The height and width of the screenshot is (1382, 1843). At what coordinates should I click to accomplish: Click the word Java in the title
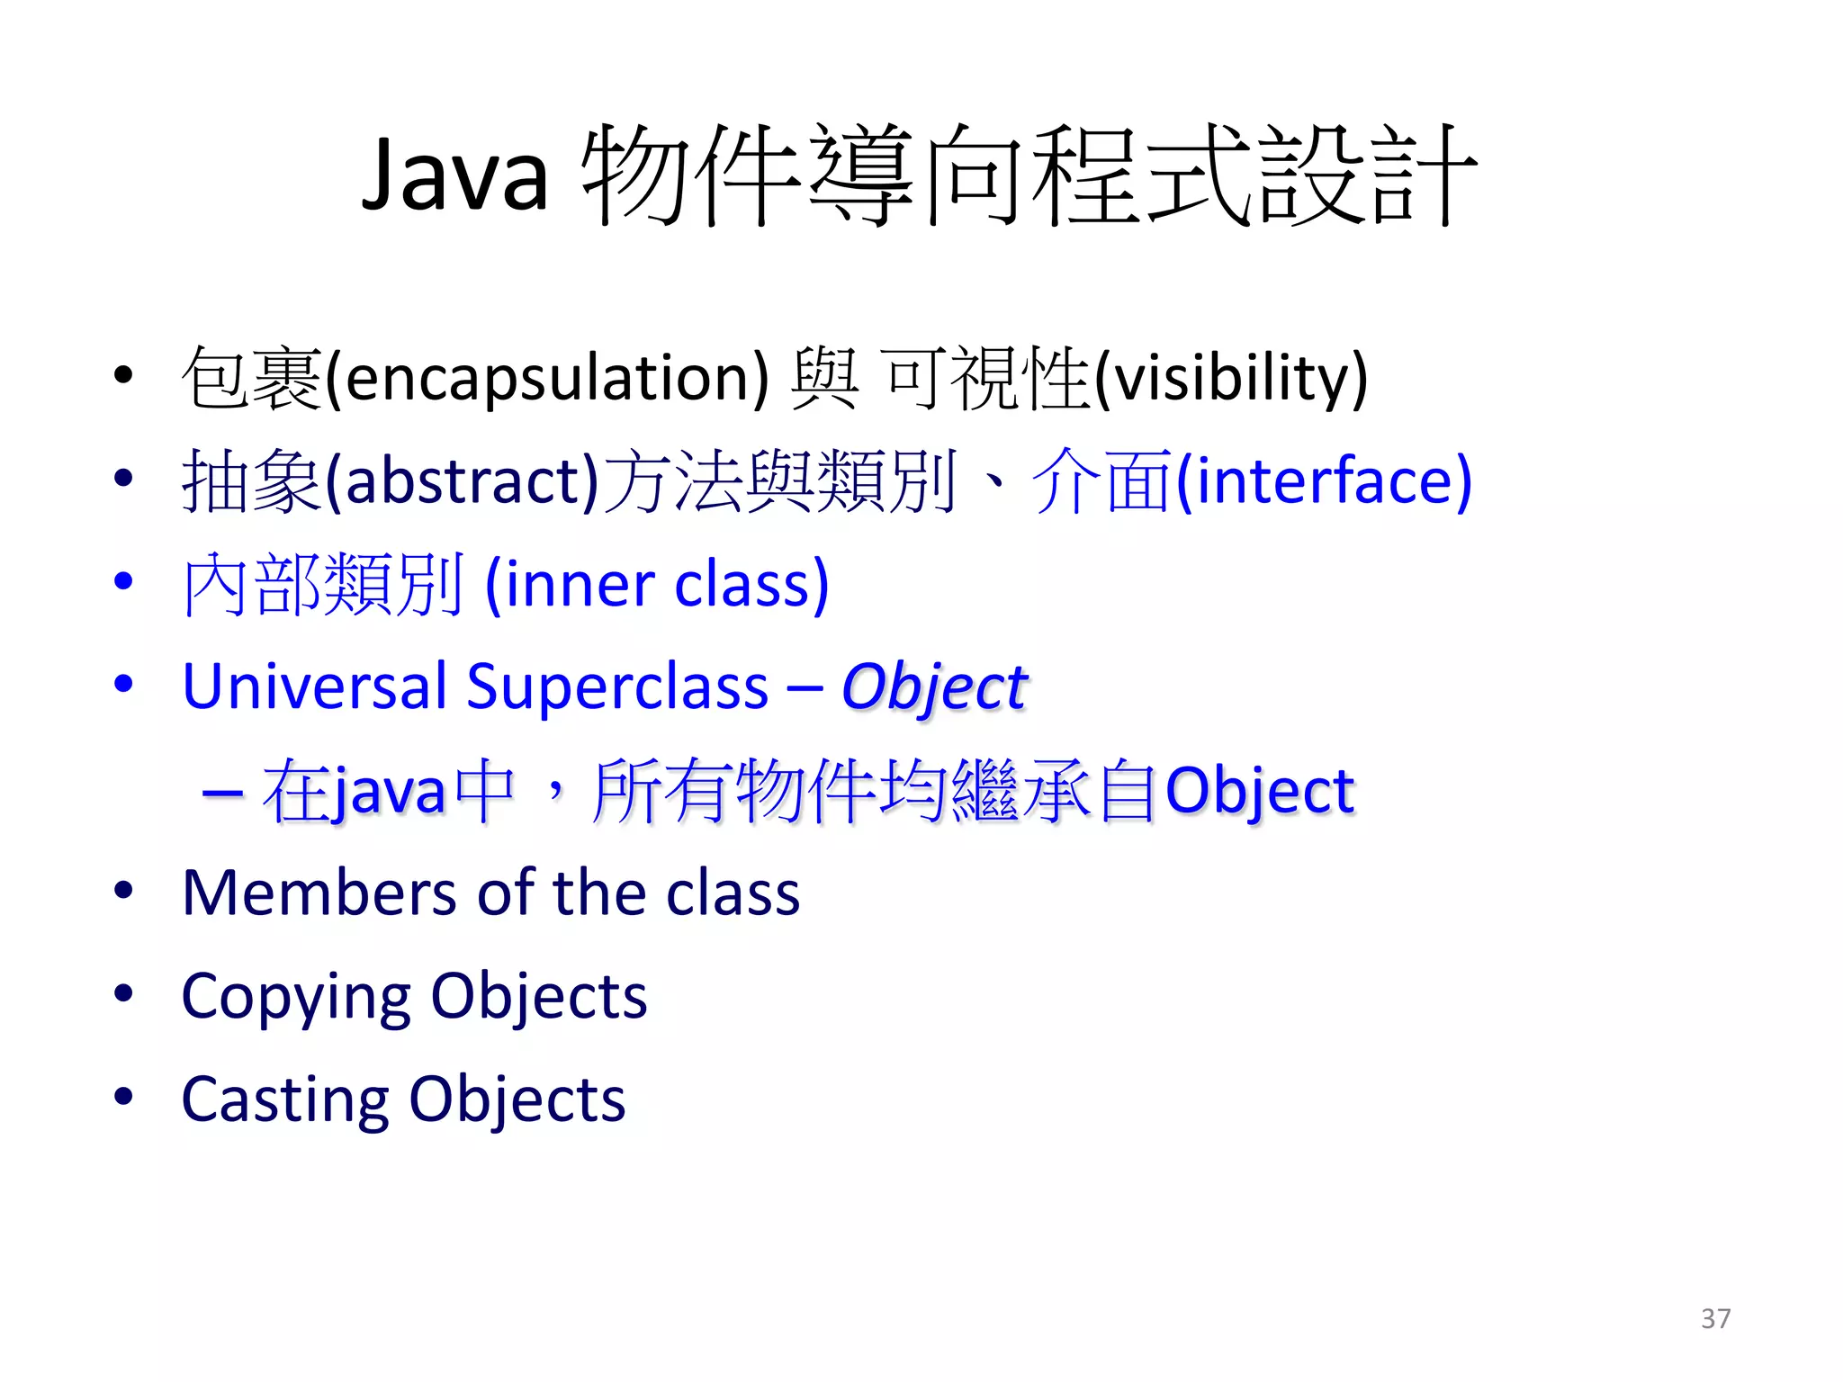454,175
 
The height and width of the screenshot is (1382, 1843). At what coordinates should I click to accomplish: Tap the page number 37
1715,1318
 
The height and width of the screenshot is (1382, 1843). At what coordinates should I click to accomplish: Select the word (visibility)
1230,379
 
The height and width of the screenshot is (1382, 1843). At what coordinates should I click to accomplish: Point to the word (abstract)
462,481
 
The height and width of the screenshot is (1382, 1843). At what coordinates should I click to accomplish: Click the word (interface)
1324,481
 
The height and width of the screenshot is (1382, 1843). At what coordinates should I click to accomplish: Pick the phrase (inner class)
657,585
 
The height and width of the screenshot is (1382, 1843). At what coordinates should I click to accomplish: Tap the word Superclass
617,687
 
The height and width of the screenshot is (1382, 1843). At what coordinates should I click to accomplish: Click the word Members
319,893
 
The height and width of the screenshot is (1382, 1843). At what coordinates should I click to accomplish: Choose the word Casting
284,1100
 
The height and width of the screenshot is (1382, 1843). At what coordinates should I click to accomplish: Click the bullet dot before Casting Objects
123,1097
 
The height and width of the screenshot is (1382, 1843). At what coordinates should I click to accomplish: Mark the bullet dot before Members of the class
123,891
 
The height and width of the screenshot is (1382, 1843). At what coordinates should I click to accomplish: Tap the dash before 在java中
222,792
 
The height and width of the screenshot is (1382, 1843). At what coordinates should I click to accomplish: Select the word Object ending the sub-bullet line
1259,792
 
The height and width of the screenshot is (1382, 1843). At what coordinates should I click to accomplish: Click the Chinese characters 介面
1102,481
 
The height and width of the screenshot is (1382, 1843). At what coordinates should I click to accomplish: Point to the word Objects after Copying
539,997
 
